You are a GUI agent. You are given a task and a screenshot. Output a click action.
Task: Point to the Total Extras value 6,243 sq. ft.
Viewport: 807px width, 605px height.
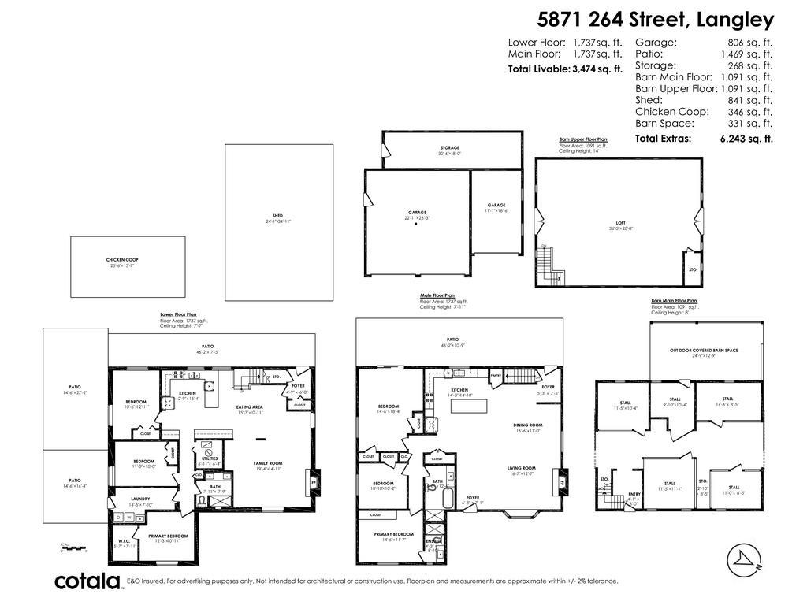(x=746, y=138)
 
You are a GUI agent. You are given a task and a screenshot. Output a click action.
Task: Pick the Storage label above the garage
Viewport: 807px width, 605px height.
(x=450, y=147)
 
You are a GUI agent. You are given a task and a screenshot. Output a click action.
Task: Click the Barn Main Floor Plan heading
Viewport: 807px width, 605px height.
(x=674, y=301)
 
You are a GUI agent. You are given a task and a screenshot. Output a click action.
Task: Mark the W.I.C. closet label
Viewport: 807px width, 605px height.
(x=124, y=540)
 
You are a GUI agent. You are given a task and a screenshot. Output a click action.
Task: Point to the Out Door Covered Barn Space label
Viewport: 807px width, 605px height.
(x=704, y=350)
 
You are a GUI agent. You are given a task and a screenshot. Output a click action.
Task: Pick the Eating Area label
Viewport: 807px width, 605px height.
(x=249, y=407)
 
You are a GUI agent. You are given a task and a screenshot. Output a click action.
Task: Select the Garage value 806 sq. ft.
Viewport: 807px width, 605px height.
(x=750, y=43)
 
